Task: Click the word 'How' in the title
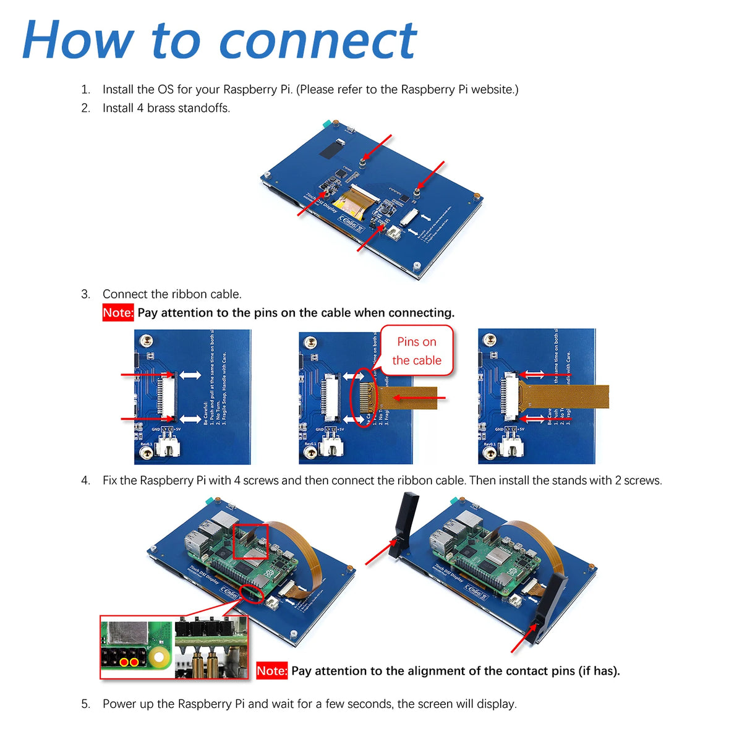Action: tap(77, 40)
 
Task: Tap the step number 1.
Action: tap(85, 90)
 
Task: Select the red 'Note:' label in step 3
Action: tap(117, 313)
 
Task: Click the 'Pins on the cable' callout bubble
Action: tap(417, 351)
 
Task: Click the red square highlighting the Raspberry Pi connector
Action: tap(250, 542)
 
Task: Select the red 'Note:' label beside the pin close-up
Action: tap(271, 671)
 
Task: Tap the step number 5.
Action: tap(85, 704)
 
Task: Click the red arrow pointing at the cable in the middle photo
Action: tap(420, 398)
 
